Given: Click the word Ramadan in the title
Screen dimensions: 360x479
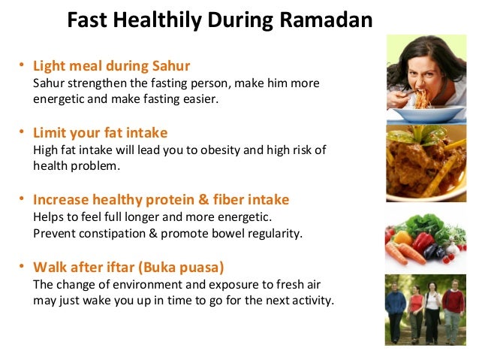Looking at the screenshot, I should [333, 20].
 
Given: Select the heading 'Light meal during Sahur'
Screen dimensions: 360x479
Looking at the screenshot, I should [111, 66].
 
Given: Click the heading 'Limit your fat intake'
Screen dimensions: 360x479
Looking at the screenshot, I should [101, 133].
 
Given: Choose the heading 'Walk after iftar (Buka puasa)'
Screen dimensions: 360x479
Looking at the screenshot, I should [129, 266].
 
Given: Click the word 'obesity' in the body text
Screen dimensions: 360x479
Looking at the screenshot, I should [226, 150].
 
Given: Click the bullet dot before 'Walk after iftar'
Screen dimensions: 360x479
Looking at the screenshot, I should [23, 266].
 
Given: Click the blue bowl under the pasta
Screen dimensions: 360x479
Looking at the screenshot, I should [435, 113].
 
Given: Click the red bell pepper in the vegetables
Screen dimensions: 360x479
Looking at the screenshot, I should [423, 241].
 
